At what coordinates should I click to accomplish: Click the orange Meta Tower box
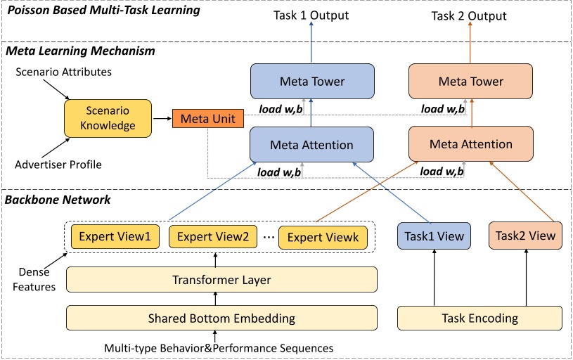(x=471, y=82)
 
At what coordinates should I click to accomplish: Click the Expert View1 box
(x=114, y=237)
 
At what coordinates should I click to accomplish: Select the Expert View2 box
(x=213, y=237)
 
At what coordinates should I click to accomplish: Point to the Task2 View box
(x=526, y=236)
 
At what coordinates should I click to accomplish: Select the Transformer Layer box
(x=221, y=280)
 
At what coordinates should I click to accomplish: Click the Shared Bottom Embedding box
(x=221, y=318)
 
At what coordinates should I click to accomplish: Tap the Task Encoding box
(x=480, y=318)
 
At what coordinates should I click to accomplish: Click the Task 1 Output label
(x=311, y=15)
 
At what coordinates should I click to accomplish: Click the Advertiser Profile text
(x=58, y=165)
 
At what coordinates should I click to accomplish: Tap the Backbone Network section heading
(x=58, y=200)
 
